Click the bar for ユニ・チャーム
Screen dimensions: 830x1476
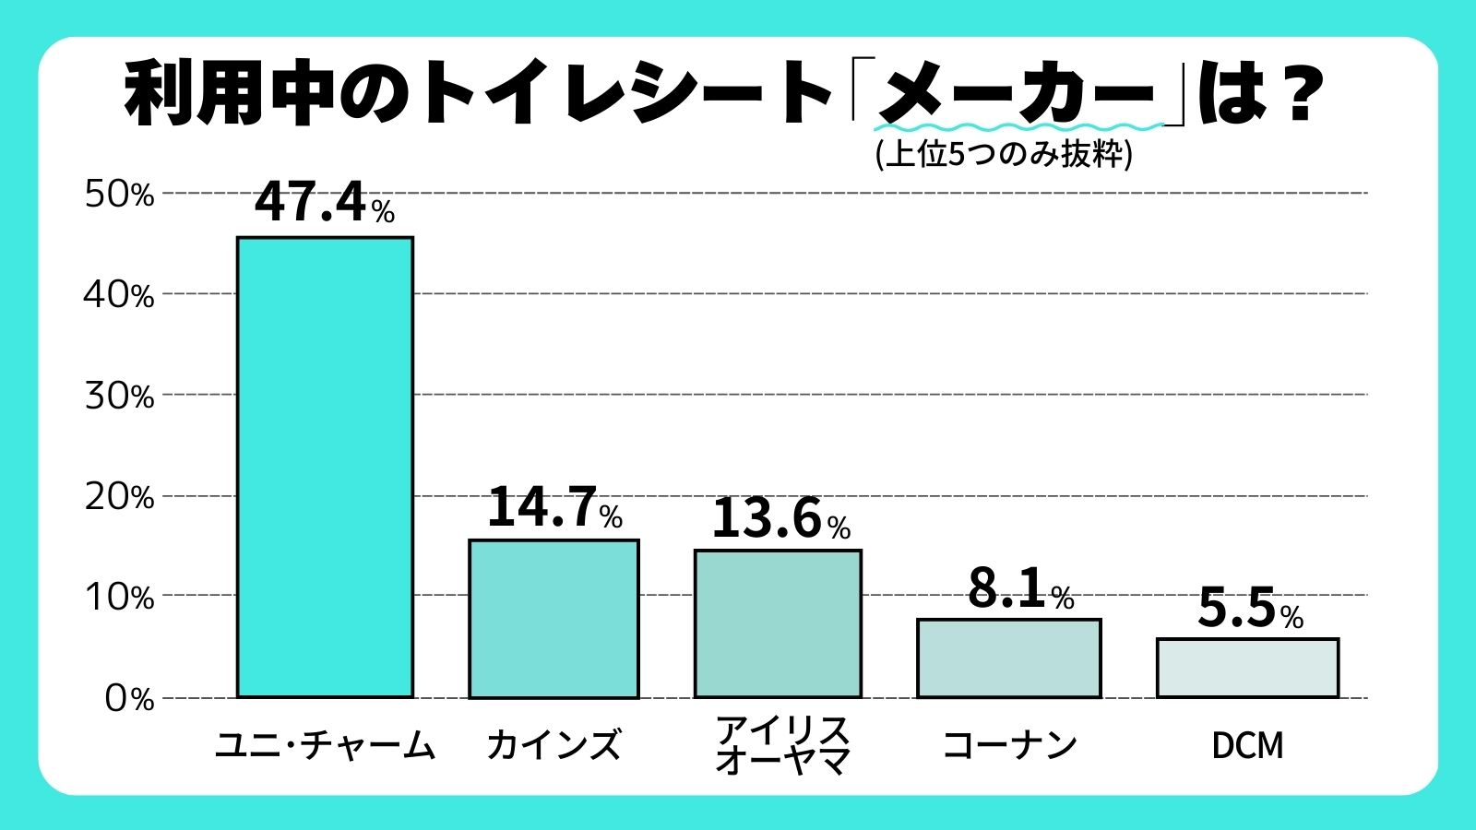(x=325, y=467)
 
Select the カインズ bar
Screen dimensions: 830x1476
(x=553, y=618)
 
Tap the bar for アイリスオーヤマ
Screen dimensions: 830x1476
(x=778, y=623)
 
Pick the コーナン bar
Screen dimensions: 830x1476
(x=1008, y=658)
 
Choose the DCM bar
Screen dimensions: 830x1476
(x=1247, y=668)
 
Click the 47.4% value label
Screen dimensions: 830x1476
(x=324, y=202)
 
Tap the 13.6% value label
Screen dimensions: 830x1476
(x=780, y=518)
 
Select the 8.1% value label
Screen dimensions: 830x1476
(x=1020, y=588)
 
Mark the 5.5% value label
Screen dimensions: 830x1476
(x=1250, y=609)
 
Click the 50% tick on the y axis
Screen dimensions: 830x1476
(x=119, y=195)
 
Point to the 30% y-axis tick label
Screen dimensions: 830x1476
(x=119, y=397)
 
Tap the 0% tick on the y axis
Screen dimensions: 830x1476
(x=128, y=698)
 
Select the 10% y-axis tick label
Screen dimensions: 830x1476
(x=119, y=598)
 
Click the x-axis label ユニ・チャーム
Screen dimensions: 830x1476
(x=325, y=745)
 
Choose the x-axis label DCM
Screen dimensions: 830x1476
(x=1247, y=745)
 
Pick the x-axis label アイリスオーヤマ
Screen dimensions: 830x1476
(x=781, y=745)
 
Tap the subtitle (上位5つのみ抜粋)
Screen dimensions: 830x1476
(x=1003, y=153)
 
